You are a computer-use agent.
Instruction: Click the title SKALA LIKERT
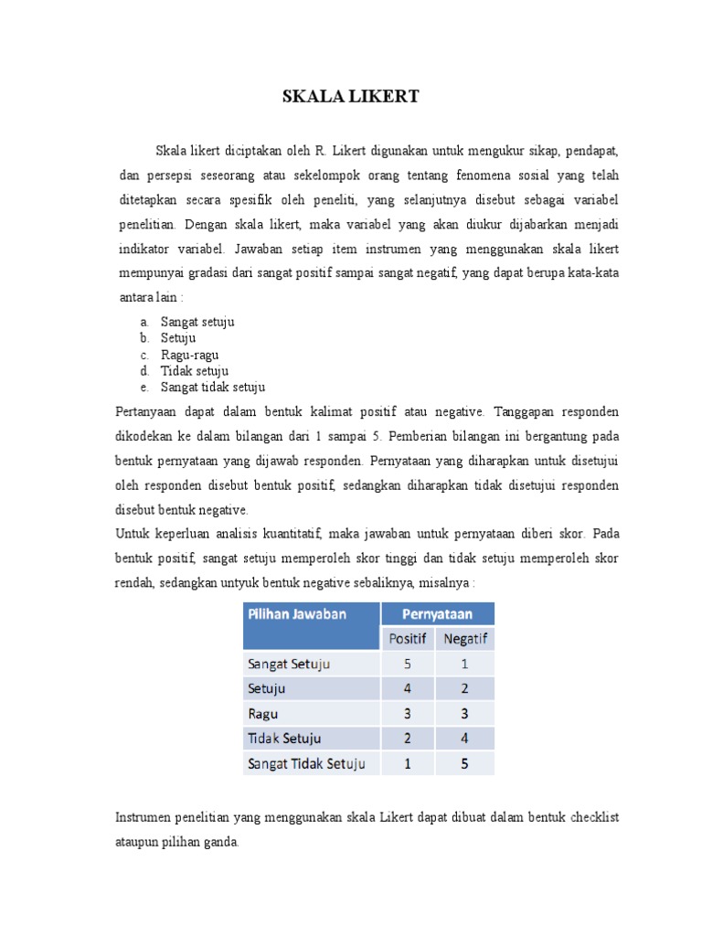click(351, 97)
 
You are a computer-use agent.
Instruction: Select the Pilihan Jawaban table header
click(296, 614)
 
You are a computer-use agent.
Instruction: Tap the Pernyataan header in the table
click(437, 614)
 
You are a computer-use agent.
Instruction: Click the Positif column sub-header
click(408, 639)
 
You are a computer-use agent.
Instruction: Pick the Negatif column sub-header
click(465, 639)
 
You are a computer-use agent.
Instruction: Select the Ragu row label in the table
click(263, 714)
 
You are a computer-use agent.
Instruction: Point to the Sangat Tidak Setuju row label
click(305, 763)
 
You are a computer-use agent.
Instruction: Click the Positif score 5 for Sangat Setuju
click(408, 664)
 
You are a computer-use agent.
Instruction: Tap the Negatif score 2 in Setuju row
click(465, 688)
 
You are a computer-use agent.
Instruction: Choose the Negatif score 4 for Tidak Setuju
click(465, 739)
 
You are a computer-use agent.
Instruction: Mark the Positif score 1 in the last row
click(408, 763)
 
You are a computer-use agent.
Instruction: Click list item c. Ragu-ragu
click(189, 355)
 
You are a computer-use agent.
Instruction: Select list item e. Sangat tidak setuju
click(212, 388)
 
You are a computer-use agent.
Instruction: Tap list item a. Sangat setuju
click(197, 322)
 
